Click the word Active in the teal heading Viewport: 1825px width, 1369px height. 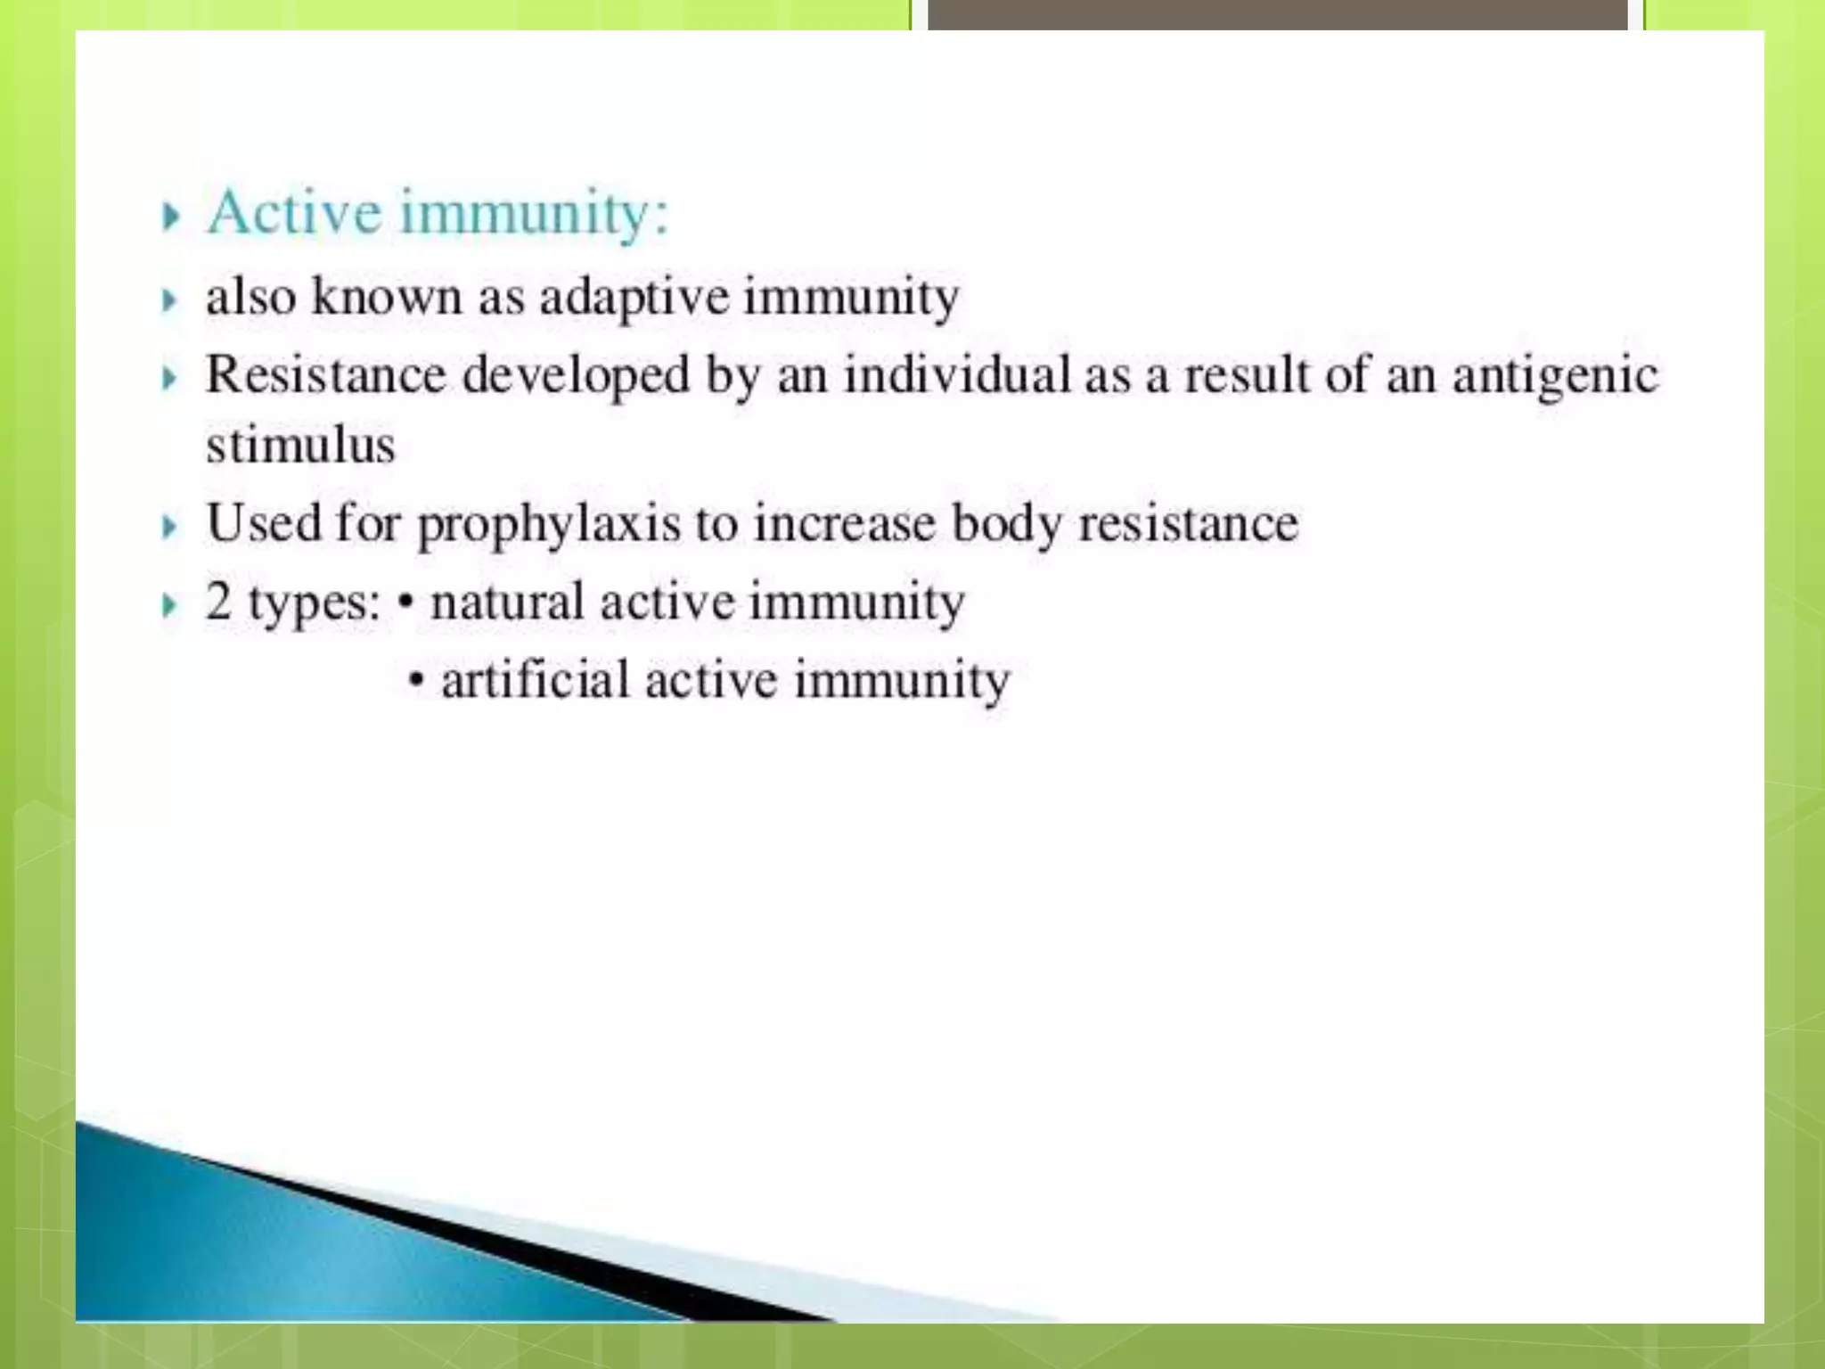pyautogui.click(x=294, y=213)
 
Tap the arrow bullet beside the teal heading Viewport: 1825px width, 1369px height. pyautogui.click(x=171, y=217)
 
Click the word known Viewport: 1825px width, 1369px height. pyautogui.click(x=387, y=296)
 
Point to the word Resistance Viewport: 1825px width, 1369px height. pyautogui.click(x=325, y=374)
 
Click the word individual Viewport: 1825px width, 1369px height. pyautogui.click(x=957, y=374)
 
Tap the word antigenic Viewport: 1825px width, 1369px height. pyautogui.click(x=1555, y=376)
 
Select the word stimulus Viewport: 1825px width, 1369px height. pyautogui.click(x=300, y=445)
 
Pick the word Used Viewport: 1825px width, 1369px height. pyautogui.click(x=263, y=522)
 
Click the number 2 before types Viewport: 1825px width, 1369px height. pyautogui.click(x=218, y=601)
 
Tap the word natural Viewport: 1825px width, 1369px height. pyautogui.click(x=507, y=602)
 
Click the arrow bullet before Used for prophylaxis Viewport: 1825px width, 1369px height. pyautogui.click(x=170, y=527)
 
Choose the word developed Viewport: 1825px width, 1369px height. pyautogui.click(x=576, y=376)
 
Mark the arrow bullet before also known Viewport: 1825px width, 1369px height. pyautogui.click(x=170, y=300)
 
